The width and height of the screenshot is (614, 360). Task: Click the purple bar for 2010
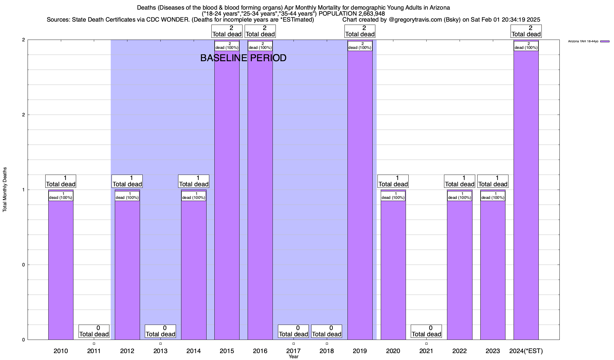pos(61,270)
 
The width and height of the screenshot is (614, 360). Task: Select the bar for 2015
pos(227,195)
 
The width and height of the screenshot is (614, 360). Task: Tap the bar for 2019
pos(360,195)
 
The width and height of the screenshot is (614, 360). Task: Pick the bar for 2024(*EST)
pos(526,195)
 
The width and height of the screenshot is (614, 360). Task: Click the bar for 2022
pos(459,270)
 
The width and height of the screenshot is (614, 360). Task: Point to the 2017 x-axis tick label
pos(293,351)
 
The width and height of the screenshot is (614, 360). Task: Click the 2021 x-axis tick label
pos(426,351)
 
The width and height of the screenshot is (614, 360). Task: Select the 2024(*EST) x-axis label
pos(526,351)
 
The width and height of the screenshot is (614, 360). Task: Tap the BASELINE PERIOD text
pos(243,58)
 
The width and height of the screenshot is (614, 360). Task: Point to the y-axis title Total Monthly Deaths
pos(5,190)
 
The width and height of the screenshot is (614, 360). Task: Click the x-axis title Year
pos(294,357)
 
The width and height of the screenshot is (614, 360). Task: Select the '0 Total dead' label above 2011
pos(94,331)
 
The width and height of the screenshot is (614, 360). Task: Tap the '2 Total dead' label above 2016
pos(260,31)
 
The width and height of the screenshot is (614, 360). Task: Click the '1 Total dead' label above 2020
pos(393,181)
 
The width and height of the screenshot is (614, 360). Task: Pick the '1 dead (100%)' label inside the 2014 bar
pos(194,196)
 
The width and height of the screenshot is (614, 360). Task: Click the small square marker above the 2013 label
pos(160,344)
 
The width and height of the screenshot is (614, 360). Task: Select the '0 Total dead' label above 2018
pos(326,331)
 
